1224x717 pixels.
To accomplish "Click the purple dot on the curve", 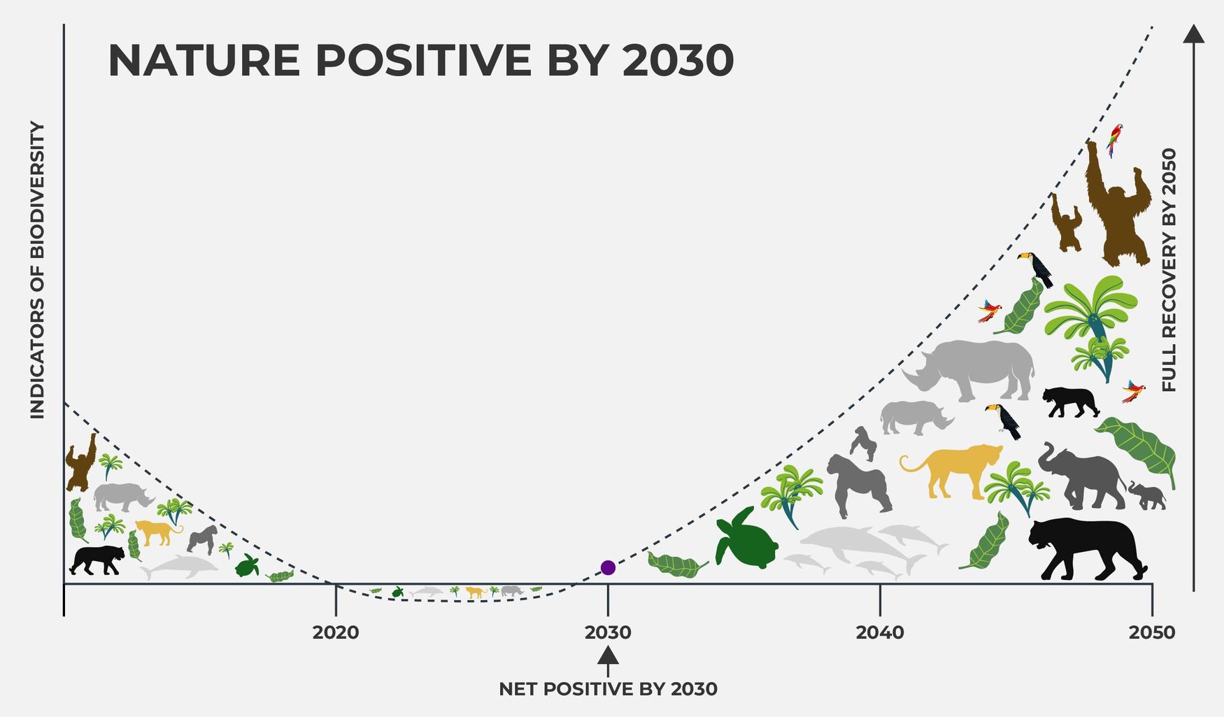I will (x=608, y=567).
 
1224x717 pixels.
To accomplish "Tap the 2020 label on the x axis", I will (x=336, y=632).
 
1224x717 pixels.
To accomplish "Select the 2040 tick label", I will (x=879, y=632).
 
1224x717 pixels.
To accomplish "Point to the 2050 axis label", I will (x=1151, y=632).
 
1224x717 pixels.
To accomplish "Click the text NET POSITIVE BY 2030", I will (x=608, y=689).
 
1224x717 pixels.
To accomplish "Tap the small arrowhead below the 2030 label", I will (x=608, y=656).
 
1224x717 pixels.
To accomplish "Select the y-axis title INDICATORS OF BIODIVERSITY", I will (x=37, y=270).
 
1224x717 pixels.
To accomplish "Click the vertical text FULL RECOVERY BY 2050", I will (x=1169, y=270).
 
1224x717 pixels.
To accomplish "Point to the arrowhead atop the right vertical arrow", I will (x=1193, y=34).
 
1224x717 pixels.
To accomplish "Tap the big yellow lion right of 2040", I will (x=955, y=467).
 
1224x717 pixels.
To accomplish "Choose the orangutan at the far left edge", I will (x=80, y=463).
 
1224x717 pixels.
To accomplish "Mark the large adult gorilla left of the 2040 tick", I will (x=857, y=484).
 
